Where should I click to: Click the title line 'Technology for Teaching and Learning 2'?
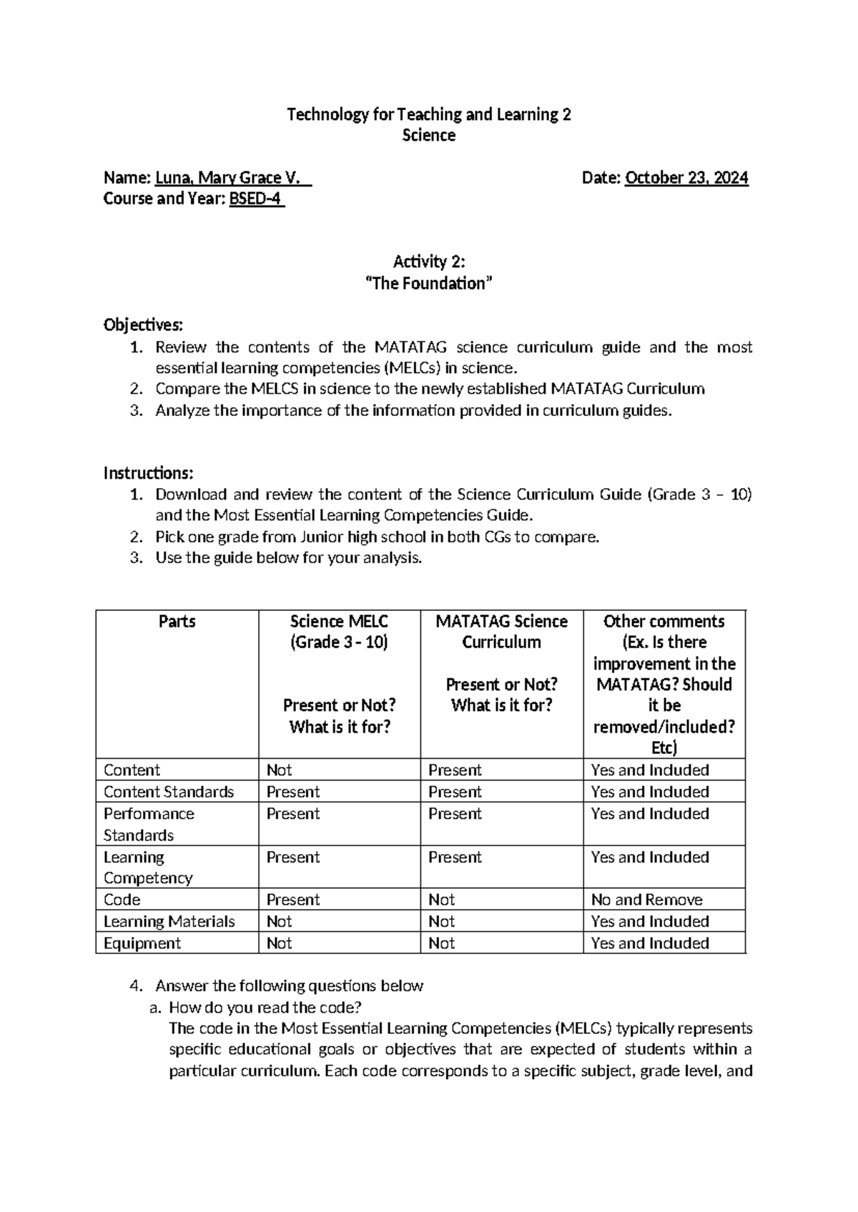[x=428, y=114]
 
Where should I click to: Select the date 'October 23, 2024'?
[x=686, y=178]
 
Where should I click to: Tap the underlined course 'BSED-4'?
[x=256, y=199]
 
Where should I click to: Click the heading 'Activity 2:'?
[x=429, y=262]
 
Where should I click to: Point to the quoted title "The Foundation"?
[x=429, y=284]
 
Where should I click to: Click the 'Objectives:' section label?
[x=143, y=326]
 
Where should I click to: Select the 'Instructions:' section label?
[x=148, y=473]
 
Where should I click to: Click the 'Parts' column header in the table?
[x=177, y=622]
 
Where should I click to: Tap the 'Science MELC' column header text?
[x=339, y=622]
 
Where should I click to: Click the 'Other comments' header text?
[x=664, y=622]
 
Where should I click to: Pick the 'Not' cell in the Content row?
[x=279, y=770]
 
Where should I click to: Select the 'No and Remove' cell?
[x=646, y=900]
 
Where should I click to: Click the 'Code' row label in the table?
[x=122, y=900]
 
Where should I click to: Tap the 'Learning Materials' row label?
[x=169, y=922]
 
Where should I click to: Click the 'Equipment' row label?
[x=142, y=943]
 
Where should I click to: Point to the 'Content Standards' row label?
[x=169, y=792]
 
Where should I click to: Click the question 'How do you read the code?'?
[x=265, y=1008]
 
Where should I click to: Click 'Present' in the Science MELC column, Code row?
[x=292, y=900]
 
